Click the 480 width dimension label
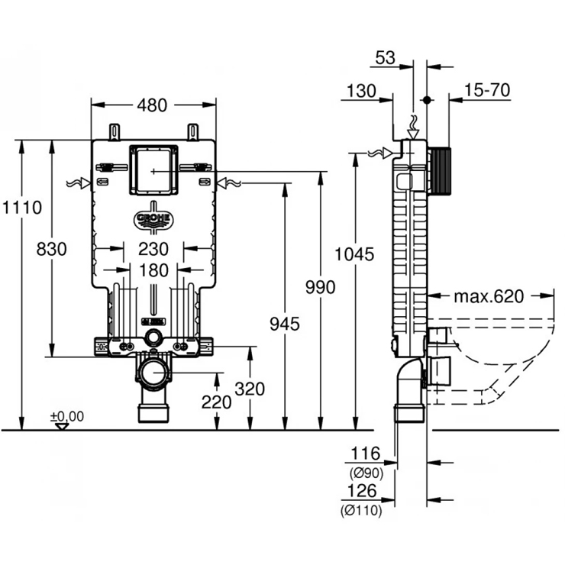(x=153, y=106)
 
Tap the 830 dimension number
(x=51, y=249)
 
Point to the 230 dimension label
(x=153, y=249)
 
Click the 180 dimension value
(x=153, y=270)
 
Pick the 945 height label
(x=285, y=324)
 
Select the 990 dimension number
(x=321, y=287)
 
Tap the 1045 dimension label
(x=356, y=254)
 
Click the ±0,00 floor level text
(x=67, y=415)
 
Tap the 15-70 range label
(x=486, y=90)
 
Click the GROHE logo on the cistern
(x=154, y=219)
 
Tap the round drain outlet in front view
(x=155, y=373)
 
